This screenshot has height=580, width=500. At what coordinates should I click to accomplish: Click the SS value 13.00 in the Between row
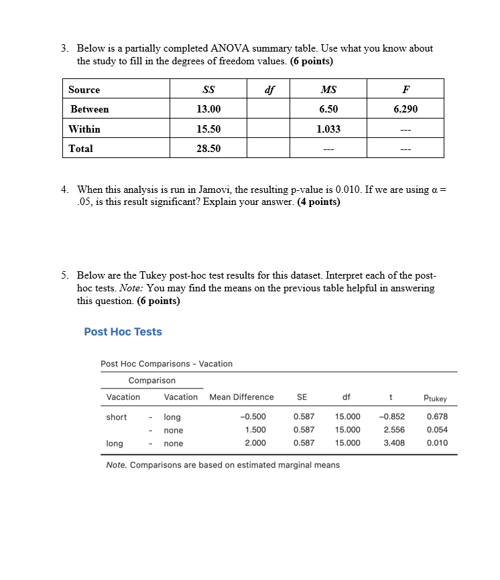coord(208,109)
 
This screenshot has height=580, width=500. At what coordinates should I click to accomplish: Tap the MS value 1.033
coord(328,129)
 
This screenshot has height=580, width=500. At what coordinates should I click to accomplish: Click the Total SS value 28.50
coord(208,149)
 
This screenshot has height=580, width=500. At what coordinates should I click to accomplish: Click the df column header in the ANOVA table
coord(269,90)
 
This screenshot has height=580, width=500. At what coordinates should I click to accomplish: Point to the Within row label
coord(84,129)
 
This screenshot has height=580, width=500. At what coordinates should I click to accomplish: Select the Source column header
coord(84,90)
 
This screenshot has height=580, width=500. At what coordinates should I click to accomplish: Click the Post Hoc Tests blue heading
coord(123,332)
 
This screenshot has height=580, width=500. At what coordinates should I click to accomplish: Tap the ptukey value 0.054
coord(437,430)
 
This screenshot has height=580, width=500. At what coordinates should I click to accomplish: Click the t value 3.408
coord(393,443)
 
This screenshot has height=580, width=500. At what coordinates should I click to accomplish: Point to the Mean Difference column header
coord(241,397)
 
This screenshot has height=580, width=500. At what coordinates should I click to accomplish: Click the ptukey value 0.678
coord(437,417)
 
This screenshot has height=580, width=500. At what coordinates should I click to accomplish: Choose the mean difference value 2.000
coord(255,443)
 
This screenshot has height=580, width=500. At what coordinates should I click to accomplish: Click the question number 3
coord(64,48)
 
